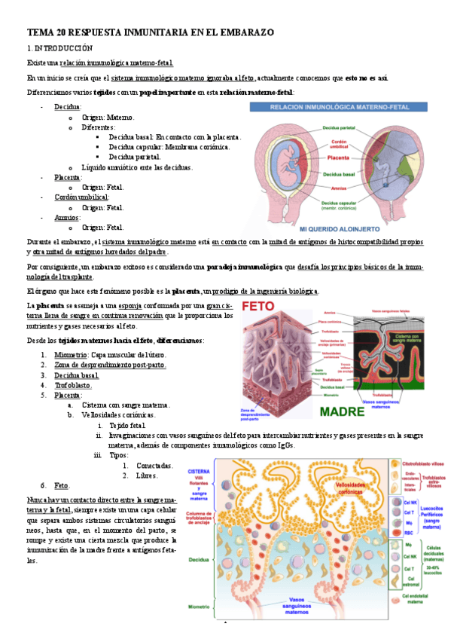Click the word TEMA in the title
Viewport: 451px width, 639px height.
point(38,32)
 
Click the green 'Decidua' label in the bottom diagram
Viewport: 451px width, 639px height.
point(200,560)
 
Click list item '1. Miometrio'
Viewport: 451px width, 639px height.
point(71,354)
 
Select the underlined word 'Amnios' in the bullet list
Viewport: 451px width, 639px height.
point(67,217)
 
